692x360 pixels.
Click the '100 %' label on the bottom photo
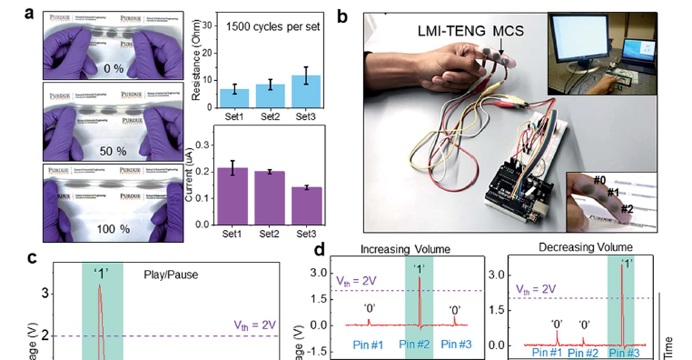113,226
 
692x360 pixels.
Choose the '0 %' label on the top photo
112,69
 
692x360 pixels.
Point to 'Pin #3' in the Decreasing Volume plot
626,352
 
